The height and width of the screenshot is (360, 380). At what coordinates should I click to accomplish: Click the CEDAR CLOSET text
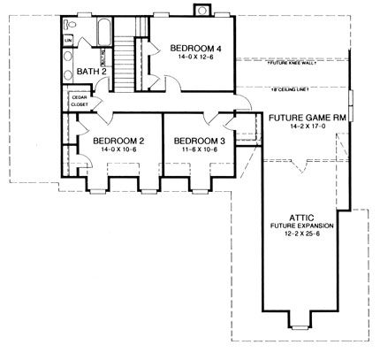point(78,101)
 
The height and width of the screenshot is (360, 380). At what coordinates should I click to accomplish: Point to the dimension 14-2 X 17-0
point(301,126)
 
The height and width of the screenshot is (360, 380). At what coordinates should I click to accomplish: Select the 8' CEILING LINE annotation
point(288,89)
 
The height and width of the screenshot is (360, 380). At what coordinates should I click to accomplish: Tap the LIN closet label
point(67,39)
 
